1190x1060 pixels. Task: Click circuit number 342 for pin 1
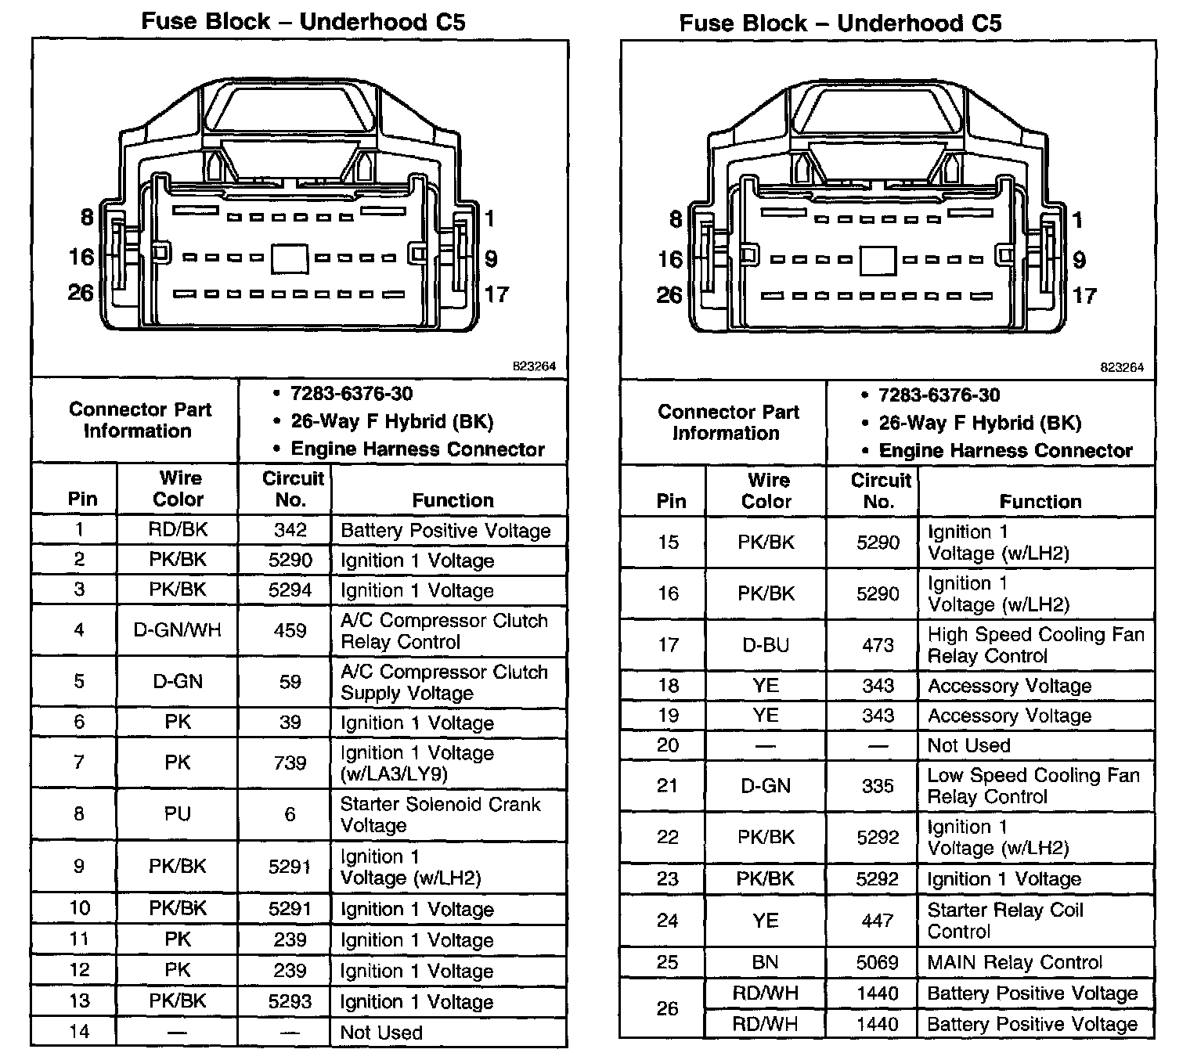[290, 530]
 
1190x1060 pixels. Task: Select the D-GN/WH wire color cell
[178, 630]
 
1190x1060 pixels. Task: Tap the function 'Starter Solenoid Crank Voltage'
[440, 815]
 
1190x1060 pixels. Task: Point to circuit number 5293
[290, 1001]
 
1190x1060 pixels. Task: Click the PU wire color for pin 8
[178, 814]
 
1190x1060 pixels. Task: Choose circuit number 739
[290, 763]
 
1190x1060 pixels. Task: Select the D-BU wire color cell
[766, 645]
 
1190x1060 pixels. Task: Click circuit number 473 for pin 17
[878, 645]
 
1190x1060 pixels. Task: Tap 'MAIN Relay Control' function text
[1015, 962]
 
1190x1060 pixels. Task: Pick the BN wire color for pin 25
[766, 962]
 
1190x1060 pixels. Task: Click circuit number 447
[878, 921]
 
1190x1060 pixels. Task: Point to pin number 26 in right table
[668, 1008]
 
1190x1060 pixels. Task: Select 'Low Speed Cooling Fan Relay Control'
[1033, 786]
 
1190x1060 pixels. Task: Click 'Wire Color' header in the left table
[178, 489]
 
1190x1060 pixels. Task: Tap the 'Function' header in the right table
[1040, 501]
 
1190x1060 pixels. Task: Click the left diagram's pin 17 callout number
[496, 294]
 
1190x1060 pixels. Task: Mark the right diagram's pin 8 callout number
[676, 219]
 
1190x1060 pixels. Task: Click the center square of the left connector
[290, 259]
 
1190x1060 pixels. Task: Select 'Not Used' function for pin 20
[968, 745]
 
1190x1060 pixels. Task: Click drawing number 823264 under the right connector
[1121, 367]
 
